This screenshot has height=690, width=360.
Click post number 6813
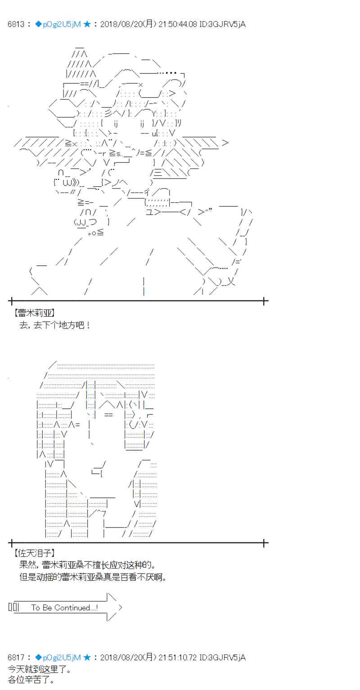16,24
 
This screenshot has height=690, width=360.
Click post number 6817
16,657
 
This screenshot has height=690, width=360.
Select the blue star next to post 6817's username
87,657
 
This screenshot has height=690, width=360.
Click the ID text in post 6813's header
223,24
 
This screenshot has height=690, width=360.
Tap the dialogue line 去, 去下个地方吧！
54,325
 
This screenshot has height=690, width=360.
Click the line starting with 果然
87,565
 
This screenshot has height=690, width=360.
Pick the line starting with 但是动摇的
93,577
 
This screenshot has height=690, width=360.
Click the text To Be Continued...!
64,607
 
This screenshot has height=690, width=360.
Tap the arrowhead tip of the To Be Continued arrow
122,607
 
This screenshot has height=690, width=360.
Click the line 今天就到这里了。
40,669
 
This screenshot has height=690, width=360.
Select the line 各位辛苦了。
31,680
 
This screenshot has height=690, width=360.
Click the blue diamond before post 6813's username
38,24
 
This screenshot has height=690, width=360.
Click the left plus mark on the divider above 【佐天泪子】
11,543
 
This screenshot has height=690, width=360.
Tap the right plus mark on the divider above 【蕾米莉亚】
264,301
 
